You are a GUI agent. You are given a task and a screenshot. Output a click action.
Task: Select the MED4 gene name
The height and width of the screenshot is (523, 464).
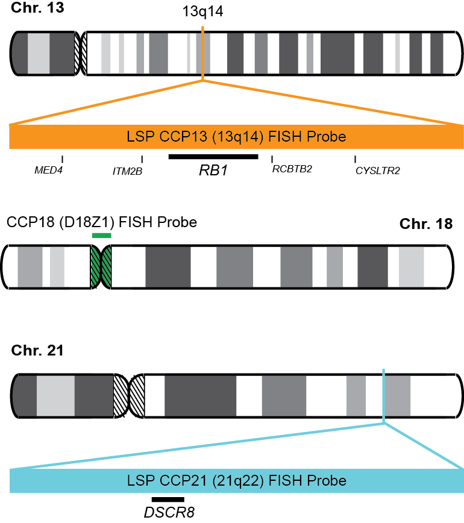point(48,171)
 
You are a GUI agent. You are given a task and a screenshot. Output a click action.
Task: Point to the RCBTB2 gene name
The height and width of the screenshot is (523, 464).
point(292,169)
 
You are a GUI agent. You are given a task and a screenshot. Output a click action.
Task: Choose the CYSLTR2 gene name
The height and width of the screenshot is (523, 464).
point(378,171)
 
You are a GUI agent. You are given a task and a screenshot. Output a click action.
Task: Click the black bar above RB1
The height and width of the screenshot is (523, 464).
point(213,157)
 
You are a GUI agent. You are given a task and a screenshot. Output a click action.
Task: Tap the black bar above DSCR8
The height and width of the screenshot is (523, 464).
point(168,499)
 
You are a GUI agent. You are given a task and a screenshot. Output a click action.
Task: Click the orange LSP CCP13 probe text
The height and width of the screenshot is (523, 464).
point(236,137)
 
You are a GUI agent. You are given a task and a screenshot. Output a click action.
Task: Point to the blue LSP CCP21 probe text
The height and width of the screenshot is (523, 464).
point(236,481)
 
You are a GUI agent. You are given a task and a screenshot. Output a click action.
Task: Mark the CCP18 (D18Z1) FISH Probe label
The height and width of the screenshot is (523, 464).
point(102,222)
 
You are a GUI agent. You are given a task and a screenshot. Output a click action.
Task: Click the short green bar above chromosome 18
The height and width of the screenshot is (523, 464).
point(101,236)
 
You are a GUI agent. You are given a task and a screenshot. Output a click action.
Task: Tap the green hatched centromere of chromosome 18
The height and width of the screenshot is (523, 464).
point(101,267)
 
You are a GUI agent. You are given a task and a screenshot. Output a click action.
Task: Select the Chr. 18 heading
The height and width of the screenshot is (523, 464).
point(425,224)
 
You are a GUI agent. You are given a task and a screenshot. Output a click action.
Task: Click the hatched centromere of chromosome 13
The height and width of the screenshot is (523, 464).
point(80,54)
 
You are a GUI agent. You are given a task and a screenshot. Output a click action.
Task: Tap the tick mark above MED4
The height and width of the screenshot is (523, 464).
point(63,158)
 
